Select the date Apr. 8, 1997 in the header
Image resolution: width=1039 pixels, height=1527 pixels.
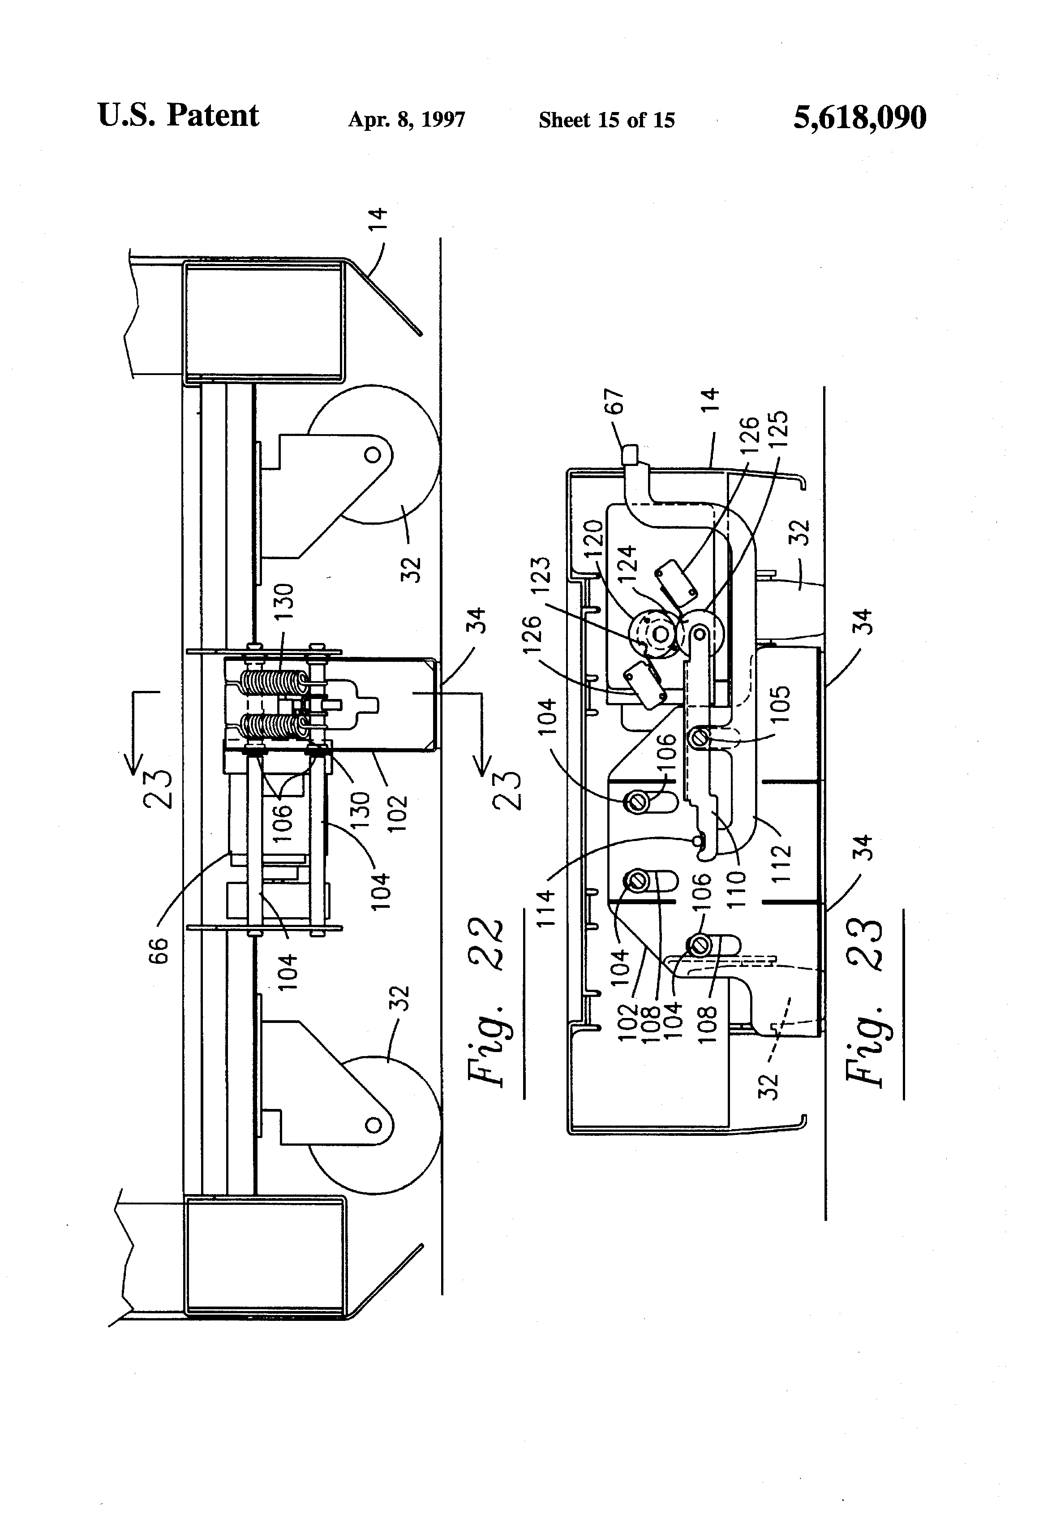[x=407, y=120]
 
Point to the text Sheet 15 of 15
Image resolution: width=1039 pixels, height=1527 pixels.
[x=606, y=120]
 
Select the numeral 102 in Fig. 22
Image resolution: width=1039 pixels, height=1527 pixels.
[x=397, y=814]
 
